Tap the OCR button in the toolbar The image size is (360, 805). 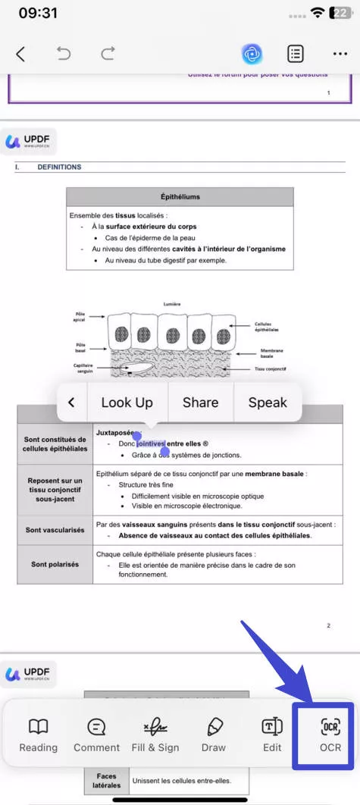tap(330, 735)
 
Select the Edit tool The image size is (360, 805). tap(272, 735)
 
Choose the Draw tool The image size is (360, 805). tap(214, 735)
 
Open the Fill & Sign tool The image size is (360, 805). tap(155, 735)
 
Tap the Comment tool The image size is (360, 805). tap(96, 735)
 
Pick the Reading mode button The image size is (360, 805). tap(38, 735)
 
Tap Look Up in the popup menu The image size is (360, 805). tap(127, 402)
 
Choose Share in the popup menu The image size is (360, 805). tap(200, 402)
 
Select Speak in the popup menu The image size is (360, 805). tap(268, 402)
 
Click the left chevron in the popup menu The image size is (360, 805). tap(71, 402)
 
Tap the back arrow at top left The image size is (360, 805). tap(20, 54)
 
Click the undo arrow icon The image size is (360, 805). tap(64, 54)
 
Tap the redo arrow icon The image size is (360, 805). tap(108, 54)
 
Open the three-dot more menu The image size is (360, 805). tap(340, 54)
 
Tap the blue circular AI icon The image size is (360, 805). tap(252, 54)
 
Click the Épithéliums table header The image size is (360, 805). tap(180, 197)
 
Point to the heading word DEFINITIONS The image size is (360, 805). tap(59, 167)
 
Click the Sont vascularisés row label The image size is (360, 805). tap(55, 530)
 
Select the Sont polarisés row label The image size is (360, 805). tap(55, 564)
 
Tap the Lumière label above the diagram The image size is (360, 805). tap(172, 304)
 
